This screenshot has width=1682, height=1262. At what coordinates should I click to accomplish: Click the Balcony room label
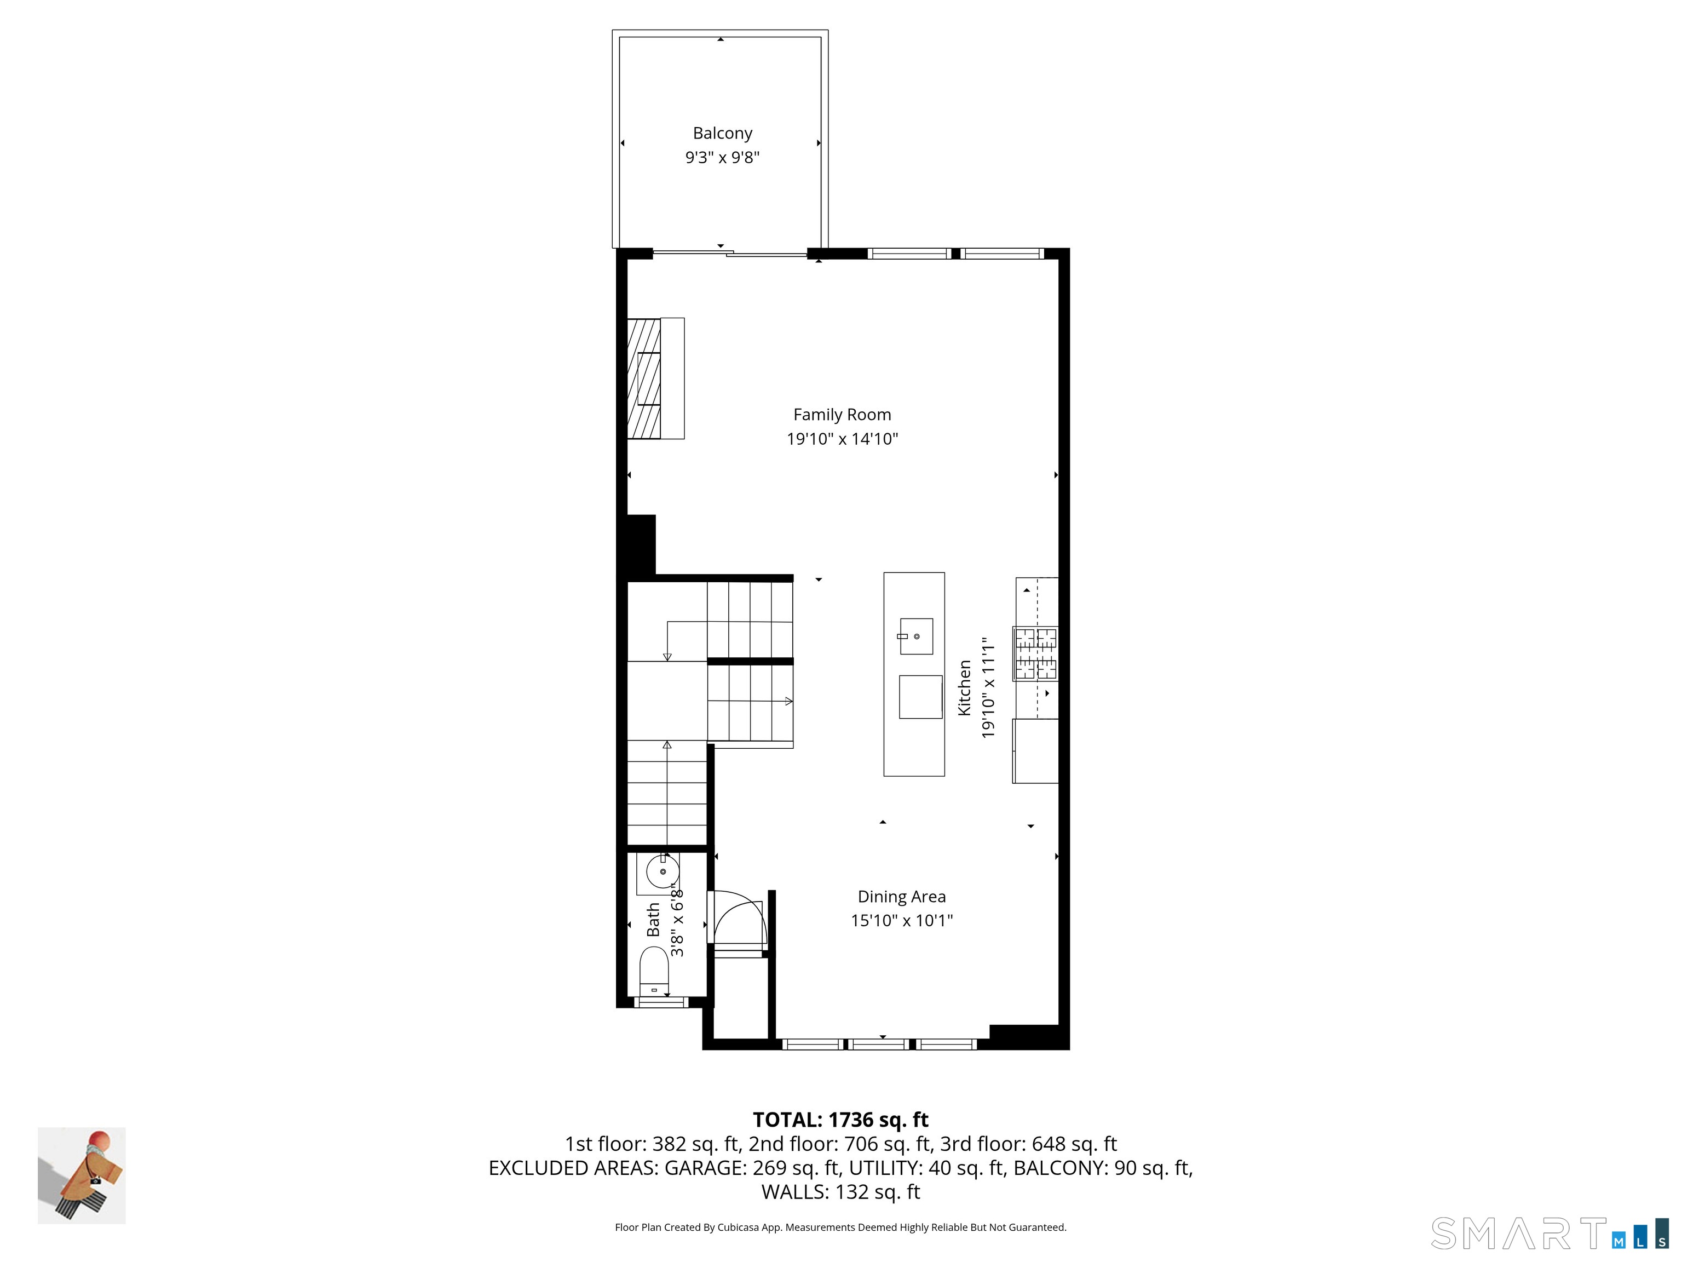pos(722,133)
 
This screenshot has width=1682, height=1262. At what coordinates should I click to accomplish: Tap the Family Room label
pos(842,415)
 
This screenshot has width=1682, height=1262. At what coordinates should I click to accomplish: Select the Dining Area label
pos(901,897)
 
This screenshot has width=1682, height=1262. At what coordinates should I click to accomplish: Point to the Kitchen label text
pos(964,687)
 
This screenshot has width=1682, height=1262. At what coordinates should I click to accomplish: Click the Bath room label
pos(653,920)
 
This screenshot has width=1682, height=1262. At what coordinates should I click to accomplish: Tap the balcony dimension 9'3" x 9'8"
pos(722,157)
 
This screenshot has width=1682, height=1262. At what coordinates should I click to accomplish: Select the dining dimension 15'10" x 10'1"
pos(901,920)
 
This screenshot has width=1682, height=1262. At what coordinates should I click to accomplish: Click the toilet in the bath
pos(654,970)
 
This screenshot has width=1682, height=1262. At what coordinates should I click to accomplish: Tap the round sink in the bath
pos(663,871)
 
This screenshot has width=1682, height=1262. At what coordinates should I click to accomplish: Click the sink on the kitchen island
pos(916,636)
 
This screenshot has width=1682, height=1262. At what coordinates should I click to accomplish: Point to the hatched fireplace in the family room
pos(644,378)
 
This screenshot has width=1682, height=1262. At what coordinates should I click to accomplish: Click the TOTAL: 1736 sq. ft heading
pos(840,1120)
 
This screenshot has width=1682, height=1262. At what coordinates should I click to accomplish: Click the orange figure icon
pos(82,1175)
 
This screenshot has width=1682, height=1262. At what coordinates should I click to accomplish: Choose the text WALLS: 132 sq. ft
pos(840,1191)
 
